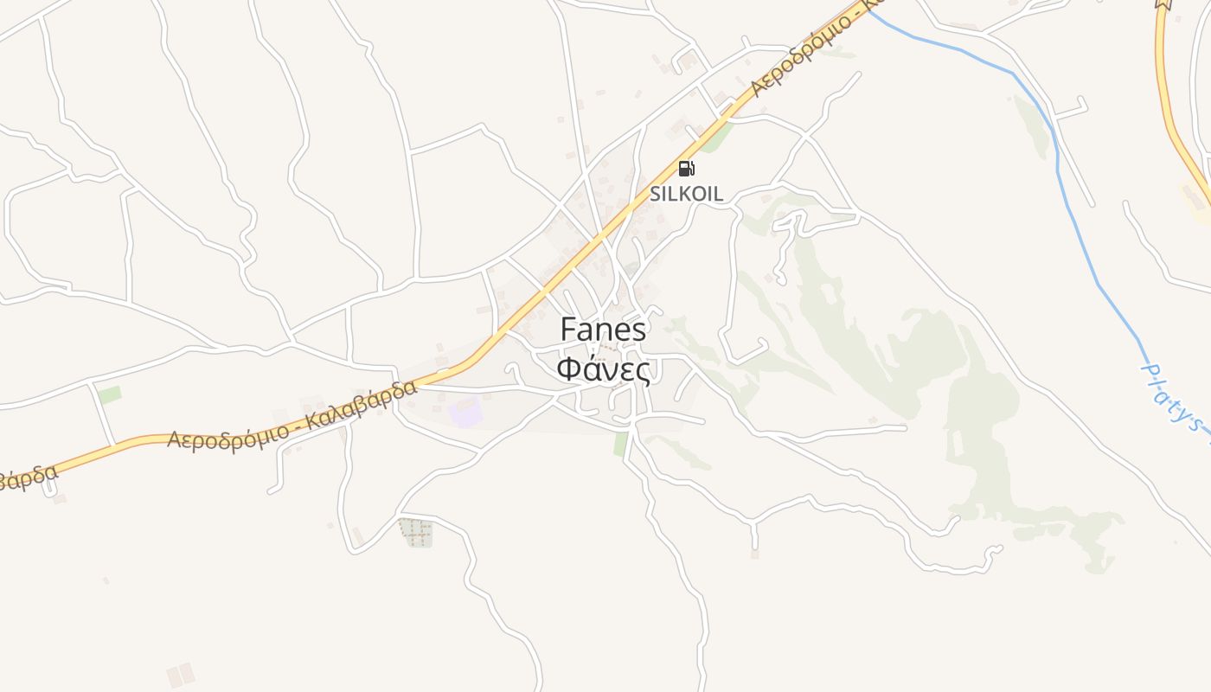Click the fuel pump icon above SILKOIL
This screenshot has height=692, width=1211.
tap(686, 169)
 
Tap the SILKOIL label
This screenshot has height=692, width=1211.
tap(686, 194)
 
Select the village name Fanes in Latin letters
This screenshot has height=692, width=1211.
tap(603, 330)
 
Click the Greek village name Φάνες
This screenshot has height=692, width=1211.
tap(603, 369)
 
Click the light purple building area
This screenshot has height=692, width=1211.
tap(465, 413)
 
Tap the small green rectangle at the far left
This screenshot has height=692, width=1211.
tap(110, 395)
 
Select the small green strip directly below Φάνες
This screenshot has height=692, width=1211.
tap(620, 444)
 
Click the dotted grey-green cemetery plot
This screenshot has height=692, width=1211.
tap(417, 533)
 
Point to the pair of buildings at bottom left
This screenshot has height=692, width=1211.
tap(181, 675)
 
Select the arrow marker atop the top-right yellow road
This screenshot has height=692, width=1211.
tap(1163, 3)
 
